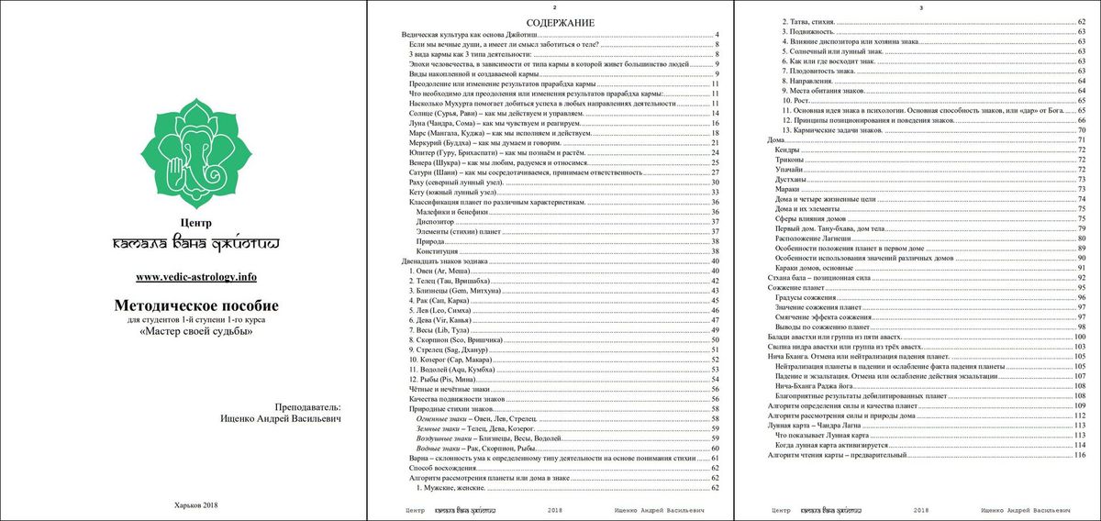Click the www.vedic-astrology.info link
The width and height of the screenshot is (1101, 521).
click(x=195, y=277)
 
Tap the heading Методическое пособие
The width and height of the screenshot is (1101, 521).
click(x=195, y=305)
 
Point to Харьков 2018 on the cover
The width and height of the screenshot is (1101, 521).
click(x=195, y=504)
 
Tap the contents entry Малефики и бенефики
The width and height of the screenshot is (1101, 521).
click(x=450, y=212)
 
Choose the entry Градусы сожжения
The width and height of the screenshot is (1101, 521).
click(x=808, y=298)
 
